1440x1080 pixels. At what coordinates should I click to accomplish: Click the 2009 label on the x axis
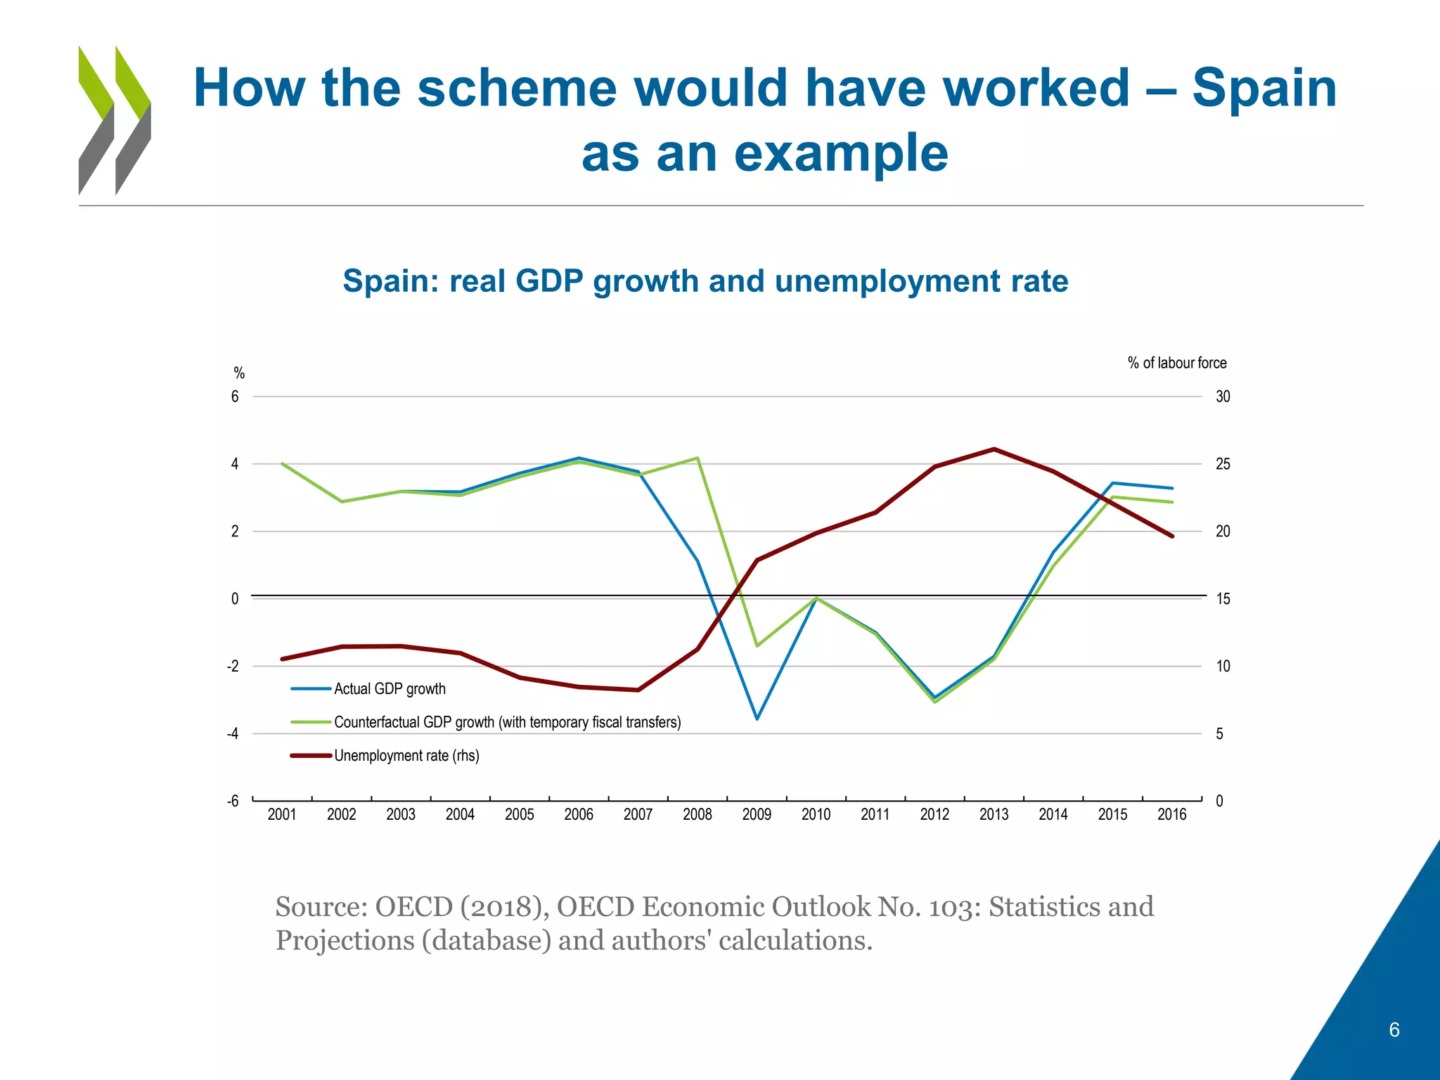coord(757,815)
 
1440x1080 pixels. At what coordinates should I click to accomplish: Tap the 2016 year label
coord(1171,815)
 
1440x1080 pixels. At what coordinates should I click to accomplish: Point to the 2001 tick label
coord(282,815)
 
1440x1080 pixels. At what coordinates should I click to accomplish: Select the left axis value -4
coord(233,734)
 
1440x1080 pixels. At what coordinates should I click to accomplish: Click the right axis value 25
coord(1223,465)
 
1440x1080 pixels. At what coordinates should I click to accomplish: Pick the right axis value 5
coord(1220,734)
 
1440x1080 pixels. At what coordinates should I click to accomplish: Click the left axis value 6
coord(235,397)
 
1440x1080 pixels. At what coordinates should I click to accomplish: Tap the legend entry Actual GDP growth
coord(390,689)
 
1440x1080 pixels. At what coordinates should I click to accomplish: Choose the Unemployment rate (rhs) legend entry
coord(406,756)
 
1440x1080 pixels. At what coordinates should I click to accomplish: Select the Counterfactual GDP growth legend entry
coord(507,723)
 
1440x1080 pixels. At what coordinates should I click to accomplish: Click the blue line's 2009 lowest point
coord(757,719)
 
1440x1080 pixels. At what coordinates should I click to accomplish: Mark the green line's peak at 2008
coord(697,458)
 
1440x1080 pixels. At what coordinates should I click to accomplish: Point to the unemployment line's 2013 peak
coord(994,449)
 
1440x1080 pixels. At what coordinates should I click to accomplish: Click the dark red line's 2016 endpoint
coord(1172,536)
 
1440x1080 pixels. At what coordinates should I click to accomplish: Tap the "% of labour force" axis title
coord(1177,363)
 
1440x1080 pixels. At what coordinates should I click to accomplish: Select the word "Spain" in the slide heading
coord(1264,89)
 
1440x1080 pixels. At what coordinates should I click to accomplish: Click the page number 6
coord(1394,1030)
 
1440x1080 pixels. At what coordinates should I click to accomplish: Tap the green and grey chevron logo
coord(115,120)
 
